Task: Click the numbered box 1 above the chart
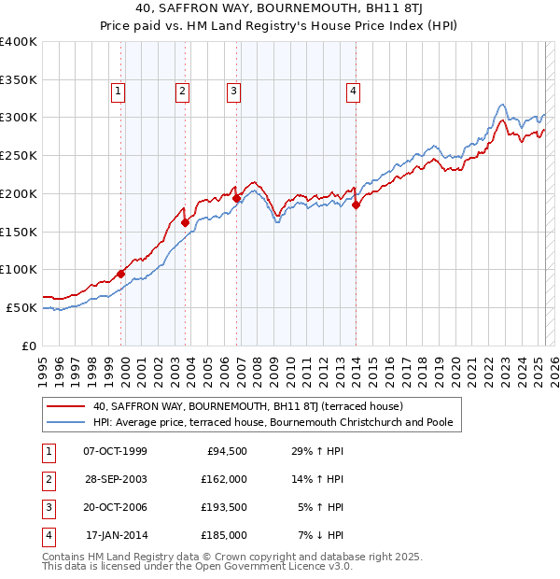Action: [x=119, y=92]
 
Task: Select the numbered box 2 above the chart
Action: [x=181, y=92]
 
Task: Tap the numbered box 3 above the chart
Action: [x=232, y=92]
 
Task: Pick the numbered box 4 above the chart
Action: [x=354, y=92]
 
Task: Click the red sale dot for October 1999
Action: [x=121, y=274]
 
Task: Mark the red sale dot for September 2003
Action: [x=185, y=222]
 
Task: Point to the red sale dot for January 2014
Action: [x=357, y=205]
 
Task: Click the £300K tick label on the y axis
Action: [x=19, y=118]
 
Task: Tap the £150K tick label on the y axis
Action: [x=19, y=232]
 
